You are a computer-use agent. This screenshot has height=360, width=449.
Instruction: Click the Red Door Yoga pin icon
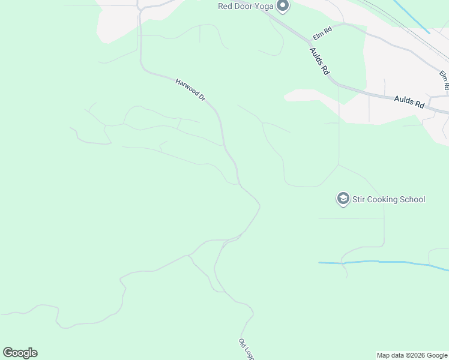tap(283, 7)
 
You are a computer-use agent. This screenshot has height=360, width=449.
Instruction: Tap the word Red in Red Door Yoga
tap(226, 7)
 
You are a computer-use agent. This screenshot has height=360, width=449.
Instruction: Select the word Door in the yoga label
tap(245, 7)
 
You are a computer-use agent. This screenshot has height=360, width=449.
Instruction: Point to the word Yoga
tap(265, 7)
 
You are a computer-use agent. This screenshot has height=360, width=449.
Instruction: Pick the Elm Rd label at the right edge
tap(444, 80)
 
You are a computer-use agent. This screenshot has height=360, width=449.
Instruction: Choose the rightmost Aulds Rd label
tap(409, 101)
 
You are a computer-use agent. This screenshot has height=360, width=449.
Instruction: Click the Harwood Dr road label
tap(191, 89)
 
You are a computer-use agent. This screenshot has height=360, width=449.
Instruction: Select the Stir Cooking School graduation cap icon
tap(343, 199)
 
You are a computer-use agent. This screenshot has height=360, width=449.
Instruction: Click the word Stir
tap(359, 199)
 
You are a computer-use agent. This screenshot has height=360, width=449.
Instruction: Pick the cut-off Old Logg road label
tap(246, 349)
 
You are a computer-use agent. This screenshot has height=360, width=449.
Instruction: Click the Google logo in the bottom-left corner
tap(20, 353)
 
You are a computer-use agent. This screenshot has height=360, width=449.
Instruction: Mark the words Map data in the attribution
tap(390, 355)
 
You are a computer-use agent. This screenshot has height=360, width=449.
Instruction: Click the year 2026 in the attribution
tap(415, 355)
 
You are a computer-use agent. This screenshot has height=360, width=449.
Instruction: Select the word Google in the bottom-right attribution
tap(437, 355)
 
